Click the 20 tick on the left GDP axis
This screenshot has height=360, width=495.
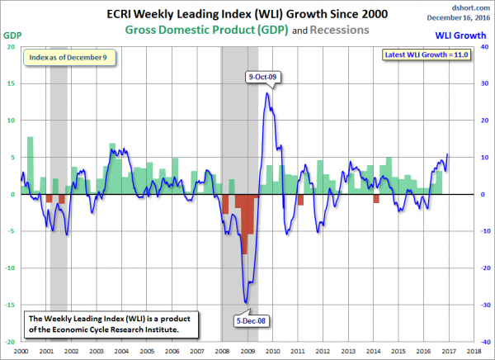[x=12, y=46]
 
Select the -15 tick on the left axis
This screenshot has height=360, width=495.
[x=9, y=305]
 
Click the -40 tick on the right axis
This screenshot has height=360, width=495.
[x=469, y=341]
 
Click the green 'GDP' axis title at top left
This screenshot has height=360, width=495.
[x=12, y=36]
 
